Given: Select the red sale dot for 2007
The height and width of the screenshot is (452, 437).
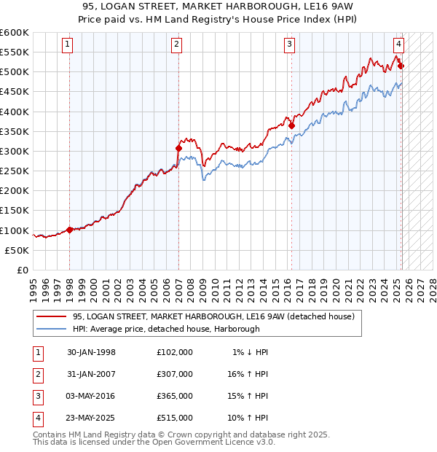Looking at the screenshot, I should coord(178,148).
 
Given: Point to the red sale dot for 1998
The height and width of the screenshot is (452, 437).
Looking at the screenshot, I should coord(70,229).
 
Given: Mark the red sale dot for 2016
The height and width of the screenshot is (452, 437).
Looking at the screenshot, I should coord(291,125).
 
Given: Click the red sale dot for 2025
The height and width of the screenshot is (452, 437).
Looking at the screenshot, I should coord(401,66).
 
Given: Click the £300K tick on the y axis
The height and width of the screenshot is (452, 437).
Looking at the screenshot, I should coord(15,151).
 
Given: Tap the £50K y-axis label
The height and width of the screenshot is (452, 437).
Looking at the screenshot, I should coord(17,250).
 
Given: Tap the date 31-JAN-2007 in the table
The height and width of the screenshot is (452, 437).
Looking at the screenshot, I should coord(91,374).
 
